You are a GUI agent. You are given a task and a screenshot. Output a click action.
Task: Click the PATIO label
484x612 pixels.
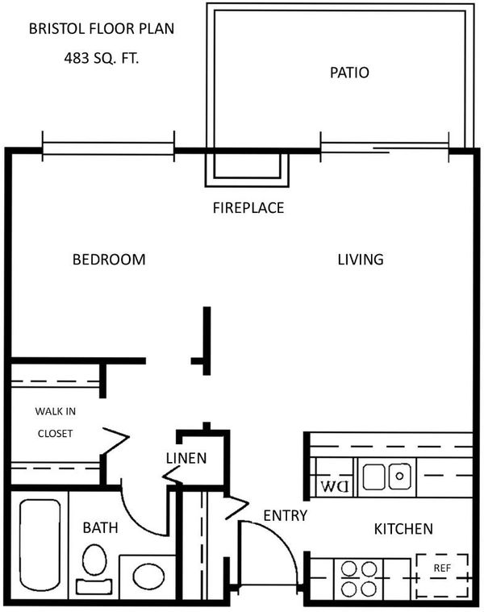349,73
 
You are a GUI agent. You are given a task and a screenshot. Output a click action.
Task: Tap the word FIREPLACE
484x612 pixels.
248,208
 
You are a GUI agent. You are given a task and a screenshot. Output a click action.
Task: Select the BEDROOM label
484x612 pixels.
109,260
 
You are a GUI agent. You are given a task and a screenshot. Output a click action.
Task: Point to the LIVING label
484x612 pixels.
361,260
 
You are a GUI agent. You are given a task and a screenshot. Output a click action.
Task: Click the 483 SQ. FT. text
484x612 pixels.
102,59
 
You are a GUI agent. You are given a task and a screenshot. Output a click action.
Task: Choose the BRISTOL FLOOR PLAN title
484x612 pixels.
102,28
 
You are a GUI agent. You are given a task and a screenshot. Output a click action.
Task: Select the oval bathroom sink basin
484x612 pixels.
148,576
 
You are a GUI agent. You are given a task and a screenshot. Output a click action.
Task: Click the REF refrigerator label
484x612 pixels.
442,568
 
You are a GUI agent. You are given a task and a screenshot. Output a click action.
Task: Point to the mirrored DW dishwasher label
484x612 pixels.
335,486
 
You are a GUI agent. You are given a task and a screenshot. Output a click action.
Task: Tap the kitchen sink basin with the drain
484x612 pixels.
399,477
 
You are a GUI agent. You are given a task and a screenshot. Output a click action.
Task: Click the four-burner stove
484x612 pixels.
359,578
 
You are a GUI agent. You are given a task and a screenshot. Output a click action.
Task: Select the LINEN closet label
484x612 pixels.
186,458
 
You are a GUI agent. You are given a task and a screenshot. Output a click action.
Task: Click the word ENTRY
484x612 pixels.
286,515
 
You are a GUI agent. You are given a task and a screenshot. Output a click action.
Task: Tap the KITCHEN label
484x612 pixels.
403,529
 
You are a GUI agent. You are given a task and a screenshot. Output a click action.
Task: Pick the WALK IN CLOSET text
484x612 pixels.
56,423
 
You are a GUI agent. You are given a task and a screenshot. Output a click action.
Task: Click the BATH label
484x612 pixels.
100,527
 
